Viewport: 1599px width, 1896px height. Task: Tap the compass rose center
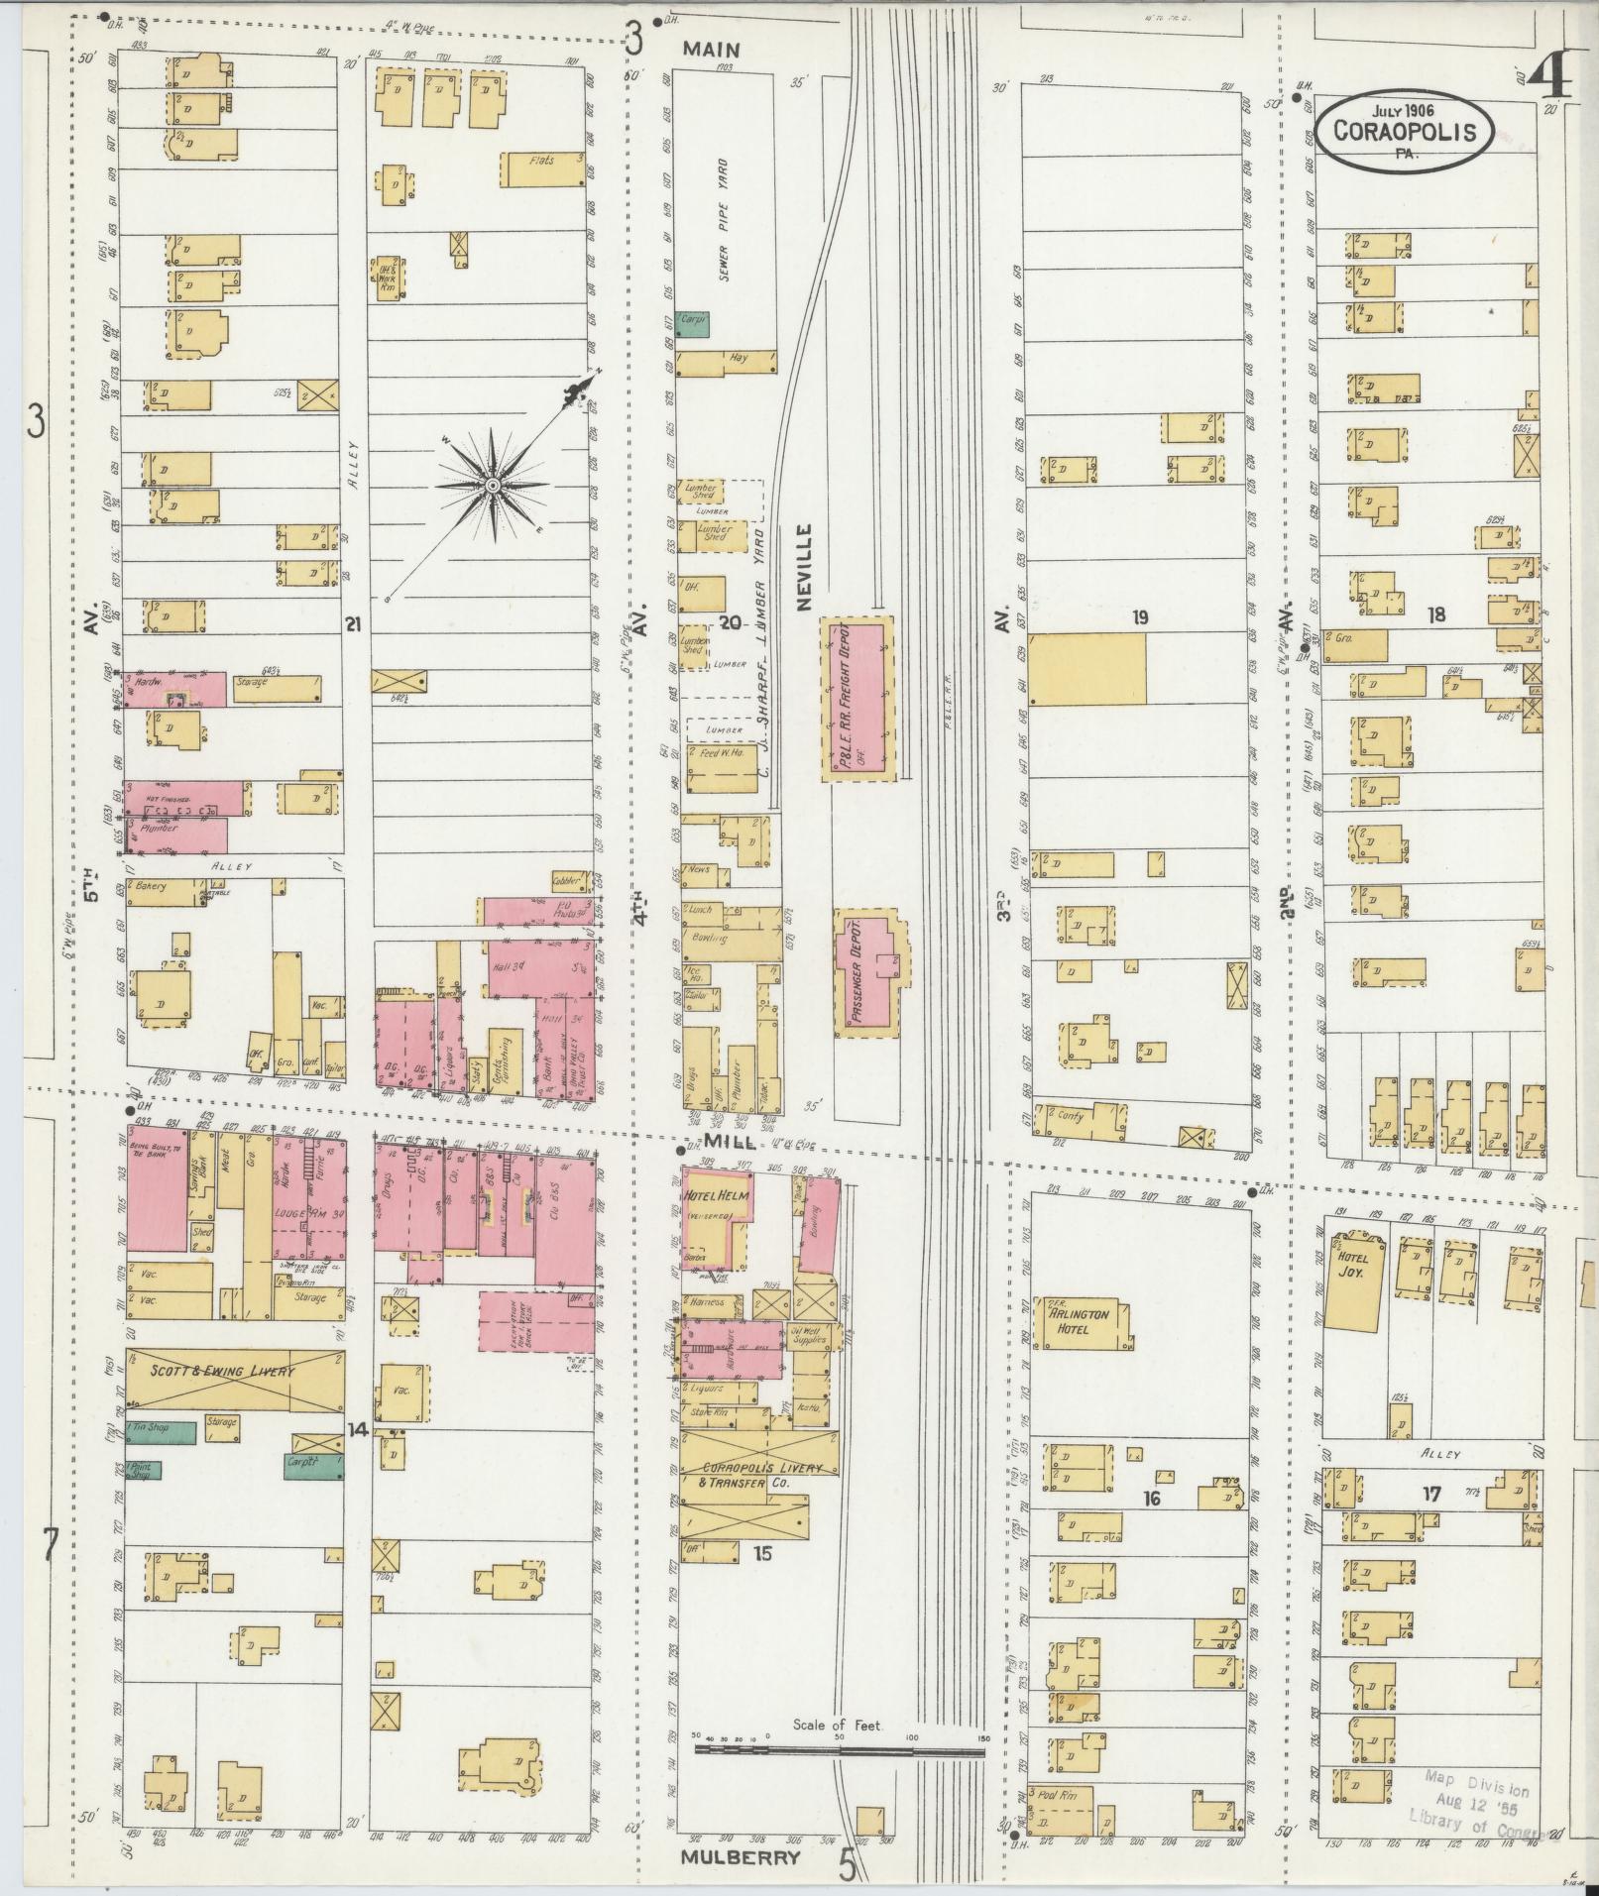pos(493,486)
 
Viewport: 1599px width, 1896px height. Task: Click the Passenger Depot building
pos(867,971)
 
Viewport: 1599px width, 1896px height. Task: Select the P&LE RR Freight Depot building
pos(858,697)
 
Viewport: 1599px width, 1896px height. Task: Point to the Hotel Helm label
pos(715,1196)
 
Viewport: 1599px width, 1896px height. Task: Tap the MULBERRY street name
pos(740,1858)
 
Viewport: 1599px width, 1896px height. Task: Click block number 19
pos(1139,618)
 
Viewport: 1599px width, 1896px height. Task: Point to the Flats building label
pos(541,161)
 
